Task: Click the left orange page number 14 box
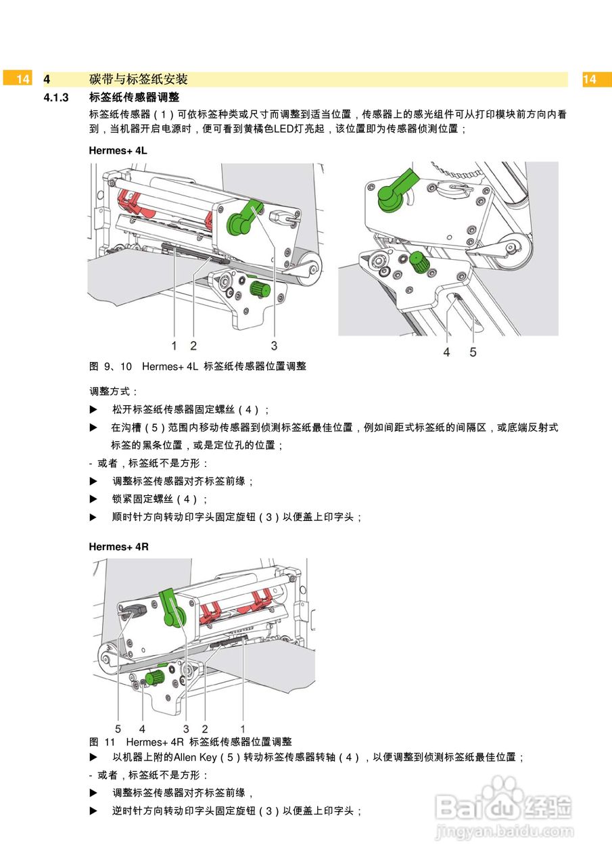pos(22,79)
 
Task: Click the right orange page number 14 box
pos(590,79)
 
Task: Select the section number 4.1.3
pos(57,98)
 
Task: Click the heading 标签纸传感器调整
pos(134,98)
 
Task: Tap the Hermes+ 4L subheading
pos(118,151)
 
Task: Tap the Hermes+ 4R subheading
pos(118,547)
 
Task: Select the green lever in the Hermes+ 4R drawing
pos(170,606)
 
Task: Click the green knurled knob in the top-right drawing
pos(419,262)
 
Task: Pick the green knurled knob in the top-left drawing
pos(260,290)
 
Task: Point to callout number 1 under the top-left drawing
pos(174,346)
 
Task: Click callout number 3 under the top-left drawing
pos(274,346)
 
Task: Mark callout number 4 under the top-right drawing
pos(446,352)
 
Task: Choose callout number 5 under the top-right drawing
pos(473,352)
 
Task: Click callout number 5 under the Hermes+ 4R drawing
pos(118,729)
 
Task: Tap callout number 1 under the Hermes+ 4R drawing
pos(243,729)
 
